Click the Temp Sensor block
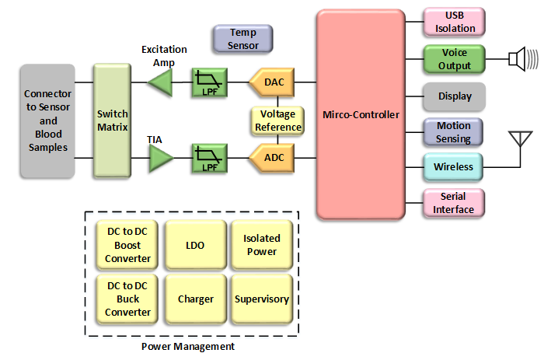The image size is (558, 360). (x=242, y=39)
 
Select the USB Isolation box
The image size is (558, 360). (x=454, y=23)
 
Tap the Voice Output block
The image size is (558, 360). (x=454, y=59)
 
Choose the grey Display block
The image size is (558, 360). (x=454, y=97)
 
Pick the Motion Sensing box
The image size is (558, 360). (x=454, y=132)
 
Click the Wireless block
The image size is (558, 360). (x=454, y=167)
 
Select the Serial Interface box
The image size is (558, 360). (x=454, y=203)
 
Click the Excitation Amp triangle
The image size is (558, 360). (x=161, y=82)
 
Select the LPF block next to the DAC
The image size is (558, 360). (x=209, y=82)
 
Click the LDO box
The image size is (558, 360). (x=195, y=245)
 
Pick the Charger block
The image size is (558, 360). (x=195, y=299)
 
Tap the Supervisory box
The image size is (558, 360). (x=261, y=299)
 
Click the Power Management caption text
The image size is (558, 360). (x=189, y=346)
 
